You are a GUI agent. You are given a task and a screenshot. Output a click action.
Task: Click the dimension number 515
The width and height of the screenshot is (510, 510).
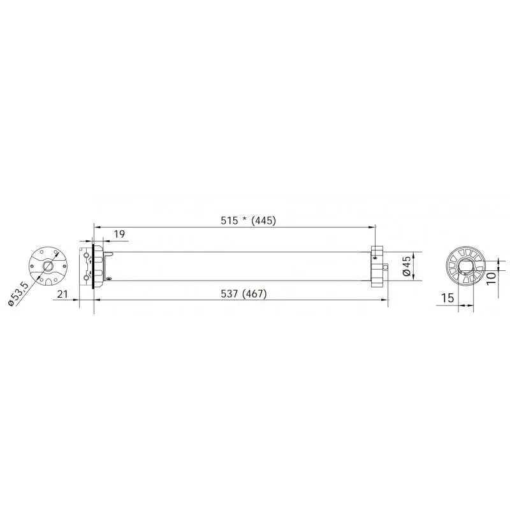(x=229, y=221)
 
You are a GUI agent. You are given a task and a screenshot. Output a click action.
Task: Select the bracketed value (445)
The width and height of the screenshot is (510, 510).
(x=264, y=221)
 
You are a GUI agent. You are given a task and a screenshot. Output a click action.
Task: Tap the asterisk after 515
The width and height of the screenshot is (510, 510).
(x=244, y=219)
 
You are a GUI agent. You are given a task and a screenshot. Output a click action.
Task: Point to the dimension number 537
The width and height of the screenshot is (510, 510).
(x=229, y=294)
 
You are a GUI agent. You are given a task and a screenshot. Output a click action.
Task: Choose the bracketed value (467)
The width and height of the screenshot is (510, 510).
(x=254, y=294)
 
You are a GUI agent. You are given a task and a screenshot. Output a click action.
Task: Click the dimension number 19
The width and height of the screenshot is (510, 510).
(x=119, y=234)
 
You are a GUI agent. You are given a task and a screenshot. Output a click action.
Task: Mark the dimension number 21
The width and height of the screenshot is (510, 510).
(x=62, y=294)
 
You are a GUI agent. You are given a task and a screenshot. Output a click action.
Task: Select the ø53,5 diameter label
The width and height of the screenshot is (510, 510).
(x=18, y=294)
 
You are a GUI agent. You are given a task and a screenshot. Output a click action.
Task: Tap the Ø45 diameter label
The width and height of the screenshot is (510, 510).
(x=407, y=266)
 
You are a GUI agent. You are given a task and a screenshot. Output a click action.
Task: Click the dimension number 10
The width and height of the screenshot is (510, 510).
(x=491, y=278)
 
